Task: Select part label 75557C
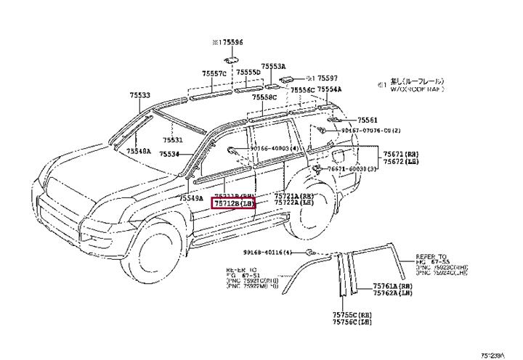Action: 216,73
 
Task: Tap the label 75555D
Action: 248,73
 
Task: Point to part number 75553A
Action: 273,65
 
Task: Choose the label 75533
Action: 140,95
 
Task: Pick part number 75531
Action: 172,140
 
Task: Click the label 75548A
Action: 138,151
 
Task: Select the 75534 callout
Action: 169,154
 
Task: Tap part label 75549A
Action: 191,197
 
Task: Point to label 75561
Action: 368,119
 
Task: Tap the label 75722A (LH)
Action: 293,204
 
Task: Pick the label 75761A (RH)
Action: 392,287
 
